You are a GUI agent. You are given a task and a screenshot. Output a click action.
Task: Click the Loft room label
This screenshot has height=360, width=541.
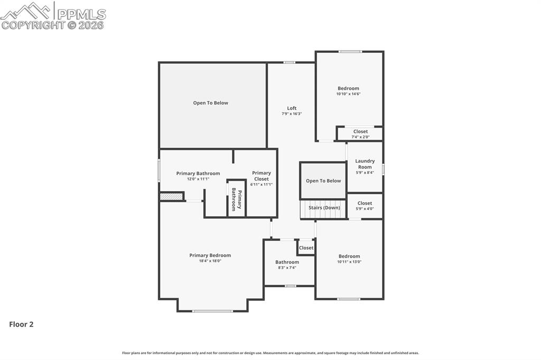(292, 108)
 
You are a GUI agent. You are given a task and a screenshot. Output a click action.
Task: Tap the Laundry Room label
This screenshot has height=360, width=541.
(365, 164)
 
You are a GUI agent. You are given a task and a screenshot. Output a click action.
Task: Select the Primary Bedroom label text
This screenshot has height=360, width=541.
(210, 255)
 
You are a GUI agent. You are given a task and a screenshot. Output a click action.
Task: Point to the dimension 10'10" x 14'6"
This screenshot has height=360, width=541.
(348, 94)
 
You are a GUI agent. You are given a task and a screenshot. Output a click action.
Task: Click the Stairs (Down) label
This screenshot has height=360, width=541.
(324, 208)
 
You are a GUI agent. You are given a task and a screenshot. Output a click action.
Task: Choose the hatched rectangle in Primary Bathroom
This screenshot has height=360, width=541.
(171, 196)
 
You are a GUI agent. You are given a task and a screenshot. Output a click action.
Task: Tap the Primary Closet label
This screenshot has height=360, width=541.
(261, 176)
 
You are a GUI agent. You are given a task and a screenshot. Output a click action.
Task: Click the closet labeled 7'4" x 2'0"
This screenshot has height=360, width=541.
(360, 134)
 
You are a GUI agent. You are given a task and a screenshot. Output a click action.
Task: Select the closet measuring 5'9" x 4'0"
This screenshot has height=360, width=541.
(365, 206)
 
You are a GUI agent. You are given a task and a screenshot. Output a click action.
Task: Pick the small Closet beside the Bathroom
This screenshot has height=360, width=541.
(306, 248)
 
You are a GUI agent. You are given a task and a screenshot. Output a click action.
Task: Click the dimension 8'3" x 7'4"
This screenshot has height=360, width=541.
(287, 268)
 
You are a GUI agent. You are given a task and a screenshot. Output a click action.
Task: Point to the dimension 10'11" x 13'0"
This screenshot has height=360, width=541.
(349, 262)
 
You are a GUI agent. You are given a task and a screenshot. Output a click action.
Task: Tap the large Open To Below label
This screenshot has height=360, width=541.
(210, 103)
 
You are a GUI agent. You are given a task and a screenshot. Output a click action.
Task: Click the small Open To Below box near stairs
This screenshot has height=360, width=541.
(323, 181)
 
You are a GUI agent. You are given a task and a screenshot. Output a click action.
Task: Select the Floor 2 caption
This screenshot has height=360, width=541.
(21, 325)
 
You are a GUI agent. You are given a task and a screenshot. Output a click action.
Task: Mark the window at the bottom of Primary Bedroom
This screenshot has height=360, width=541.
(212, 311)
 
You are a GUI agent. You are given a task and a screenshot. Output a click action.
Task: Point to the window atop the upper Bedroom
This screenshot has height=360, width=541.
(350, 52)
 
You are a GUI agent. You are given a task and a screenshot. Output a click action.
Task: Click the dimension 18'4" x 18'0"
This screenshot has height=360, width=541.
(210, 261)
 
